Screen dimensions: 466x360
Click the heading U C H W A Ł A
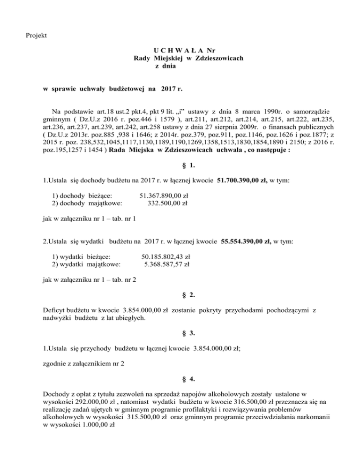177,50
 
